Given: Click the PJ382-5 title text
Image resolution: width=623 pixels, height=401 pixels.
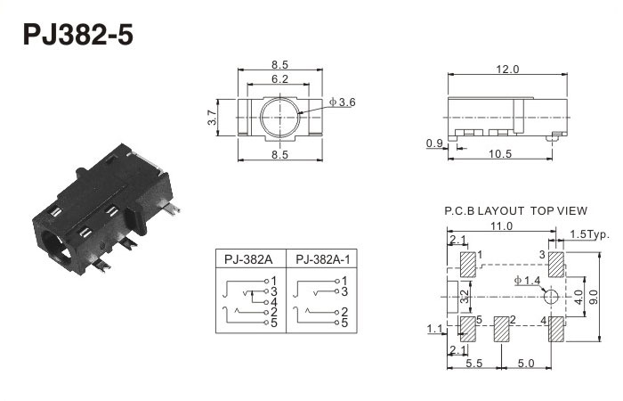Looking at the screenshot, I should click(77, 35).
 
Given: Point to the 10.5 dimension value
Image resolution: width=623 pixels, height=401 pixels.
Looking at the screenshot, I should click(502, 154).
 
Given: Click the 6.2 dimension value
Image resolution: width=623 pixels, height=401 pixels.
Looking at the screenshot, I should click(279, 79).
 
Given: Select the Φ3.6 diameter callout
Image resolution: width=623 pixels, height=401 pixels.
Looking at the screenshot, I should click(342, 103).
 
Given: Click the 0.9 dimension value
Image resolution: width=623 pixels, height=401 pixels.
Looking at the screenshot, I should click(435, 143).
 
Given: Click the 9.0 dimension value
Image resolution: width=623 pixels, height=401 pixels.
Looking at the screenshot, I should click(598, 296).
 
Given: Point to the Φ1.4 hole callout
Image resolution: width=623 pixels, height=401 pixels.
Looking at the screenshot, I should click(527, 282).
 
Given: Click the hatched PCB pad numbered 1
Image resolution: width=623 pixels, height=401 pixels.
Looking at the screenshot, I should click(467, 265).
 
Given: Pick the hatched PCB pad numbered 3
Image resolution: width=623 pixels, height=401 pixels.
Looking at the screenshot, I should click(555, 265).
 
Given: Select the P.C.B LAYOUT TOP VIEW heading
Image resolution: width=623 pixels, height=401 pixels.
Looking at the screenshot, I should click(515, 211).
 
